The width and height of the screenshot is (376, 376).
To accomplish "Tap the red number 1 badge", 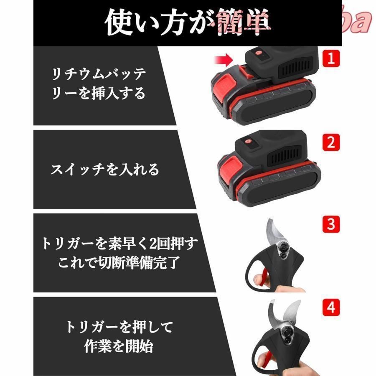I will point(331,58).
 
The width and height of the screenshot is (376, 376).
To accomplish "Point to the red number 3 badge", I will point(331,225).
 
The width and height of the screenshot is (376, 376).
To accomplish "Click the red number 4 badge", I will point(331,308).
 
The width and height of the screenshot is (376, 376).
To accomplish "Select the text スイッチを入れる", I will point(105,170).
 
